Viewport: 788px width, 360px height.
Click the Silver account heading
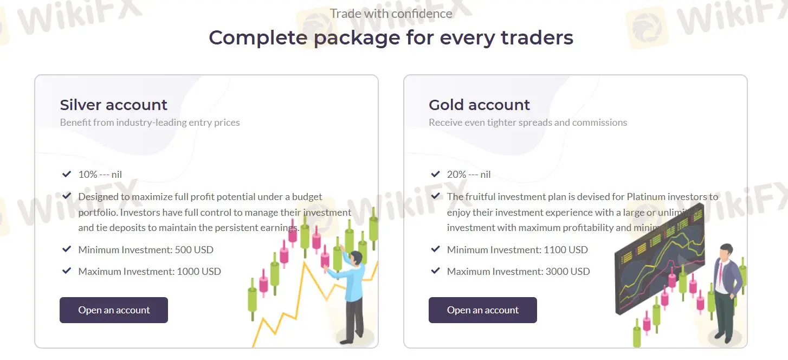[113, 105]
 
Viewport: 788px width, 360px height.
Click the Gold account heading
[479, 105]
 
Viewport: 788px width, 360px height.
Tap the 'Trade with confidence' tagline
[391, 14]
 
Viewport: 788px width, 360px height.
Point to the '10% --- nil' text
[100, 175]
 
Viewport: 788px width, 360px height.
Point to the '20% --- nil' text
[469, 175]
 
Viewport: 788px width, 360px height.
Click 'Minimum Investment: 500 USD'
[146, 250]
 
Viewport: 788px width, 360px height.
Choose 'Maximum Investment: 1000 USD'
[150, 272]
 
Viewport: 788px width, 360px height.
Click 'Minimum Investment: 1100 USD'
[517, 250]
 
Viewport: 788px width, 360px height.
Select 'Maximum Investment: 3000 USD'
[518, 272]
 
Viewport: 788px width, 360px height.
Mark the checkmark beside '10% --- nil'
[67, 174]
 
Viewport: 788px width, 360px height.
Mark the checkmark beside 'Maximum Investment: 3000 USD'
[435, 271]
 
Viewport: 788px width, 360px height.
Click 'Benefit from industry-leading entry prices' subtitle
[150, 123]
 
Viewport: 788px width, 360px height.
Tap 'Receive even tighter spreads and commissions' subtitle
[527, 123]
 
